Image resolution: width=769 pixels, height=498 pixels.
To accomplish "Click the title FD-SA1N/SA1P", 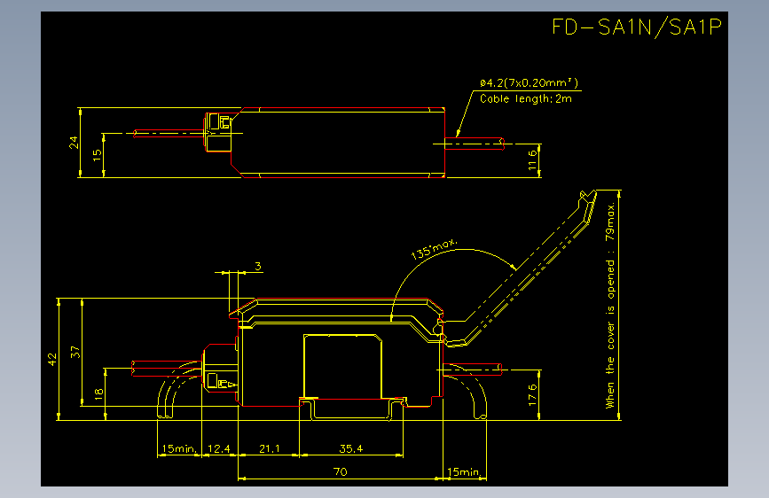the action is click(637, 27).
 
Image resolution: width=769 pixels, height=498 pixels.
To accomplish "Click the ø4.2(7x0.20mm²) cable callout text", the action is click(529, 82).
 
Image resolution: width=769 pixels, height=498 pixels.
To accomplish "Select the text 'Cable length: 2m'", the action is click(526, 98).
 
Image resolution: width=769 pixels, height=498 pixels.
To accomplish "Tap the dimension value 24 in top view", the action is click(73, 142).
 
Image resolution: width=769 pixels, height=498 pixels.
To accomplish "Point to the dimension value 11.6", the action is click(532, 160).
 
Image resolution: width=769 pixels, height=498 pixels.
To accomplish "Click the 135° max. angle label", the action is click(434, 248).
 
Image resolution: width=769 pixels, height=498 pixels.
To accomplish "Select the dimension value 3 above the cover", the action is click(258, 266).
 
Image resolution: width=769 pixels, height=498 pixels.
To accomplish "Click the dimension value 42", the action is click(52, 359).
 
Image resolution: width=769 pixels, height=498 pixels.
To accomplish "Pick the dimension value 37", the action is click(75, 352).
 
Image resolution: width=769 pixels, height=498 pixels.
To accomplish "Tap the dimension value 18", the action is click(98, 393).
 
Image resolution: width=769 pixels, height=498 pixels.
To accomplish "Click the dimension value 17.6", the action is click(532, 395).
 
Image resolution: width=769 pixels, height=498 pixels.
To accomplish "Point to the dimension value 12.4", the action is click(219, 448).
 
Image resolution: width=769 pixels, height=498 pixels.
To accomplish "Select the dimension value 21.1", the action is click(270, 448).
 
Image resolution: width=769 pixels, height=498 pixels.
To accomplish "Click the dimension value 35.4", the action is click(351, 448).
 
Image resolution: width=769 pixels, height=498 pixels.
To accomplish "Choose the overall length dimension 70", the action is click(341, 471).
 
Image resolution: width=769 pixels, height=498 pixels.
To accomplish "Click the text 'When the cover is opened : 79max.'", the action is click(609, 305).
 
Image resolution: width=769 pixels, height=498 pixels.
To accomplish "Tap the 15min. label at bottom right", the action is click(464, 471).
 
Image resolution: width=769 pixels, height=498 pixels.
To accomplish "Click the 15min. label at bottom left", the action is click(179, 448).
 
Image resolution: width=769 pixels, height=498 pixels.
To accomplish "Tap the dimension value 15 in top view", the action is click(97, 154).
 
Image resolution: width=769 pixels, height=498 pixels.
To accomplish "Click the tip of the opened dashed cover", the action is click(596, 191).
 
